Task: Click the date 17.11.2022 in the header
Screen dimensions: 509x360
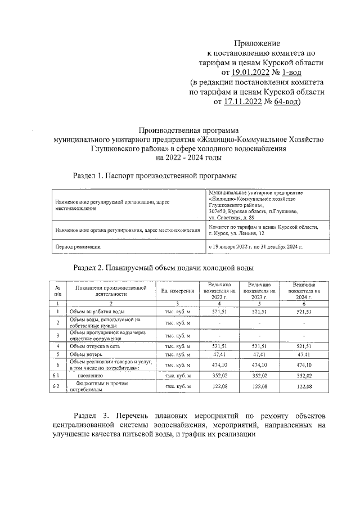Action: [245, 102]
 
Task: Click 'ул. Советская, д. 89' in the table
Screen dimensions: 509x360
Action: [231, 217]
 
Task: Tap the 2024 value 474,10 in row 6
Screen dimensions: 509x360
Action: [303, 365]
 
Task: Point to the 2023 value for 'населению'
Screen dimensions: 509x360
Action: [259, 375]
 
